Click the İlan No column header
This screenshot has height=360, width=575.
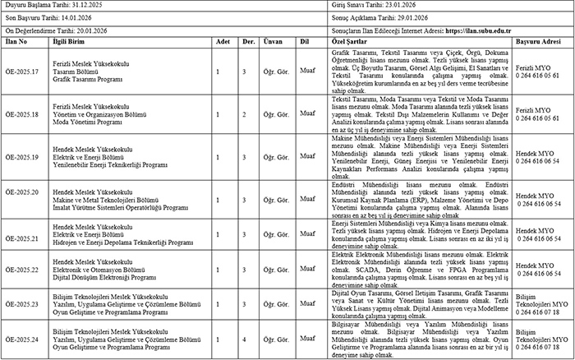18,39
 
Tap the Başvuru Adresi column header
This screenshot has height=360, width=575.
542,39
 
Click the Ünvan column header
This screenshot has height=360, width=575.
272,39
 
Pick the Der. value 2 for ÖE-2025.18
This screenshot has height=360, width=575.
243,113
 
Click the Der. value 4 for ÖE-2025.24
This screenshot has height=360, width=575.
243,339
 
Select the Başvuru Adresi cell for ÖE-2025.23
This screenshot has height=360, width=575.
543,303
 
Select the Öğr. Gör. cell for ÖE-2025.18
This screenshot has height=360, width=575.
272,113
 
